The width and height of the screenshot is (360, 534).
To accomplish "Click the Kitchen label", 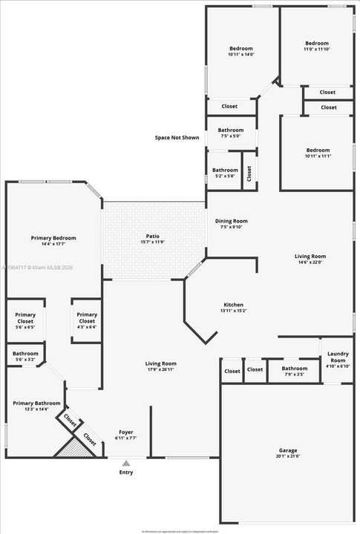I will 234,305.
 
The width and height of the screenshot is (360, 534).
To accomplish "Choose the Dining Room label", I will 232,221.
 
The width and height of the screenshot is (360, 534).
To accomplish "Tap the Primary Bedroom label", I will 53,238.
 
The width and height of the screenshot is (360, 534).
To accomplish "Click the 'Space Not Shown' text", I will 177,137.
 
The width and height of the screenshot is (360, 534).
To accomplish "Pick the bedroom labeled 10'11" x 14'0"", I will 240,51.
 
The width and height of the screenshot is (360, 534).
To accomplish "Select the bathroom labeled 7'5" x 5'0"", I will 231,133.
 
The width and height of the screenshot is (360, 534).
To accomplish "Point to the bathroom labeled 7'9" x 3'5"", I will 295,371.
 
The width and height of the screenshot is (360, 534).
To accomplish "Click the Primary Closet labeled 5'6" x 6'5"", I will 26,320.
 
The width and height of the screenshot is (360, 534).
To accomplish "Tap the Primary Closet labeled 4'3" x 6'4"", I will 87,320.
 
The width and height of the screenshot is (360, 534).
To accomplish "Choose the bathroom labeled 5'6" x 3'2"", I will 25,357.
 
